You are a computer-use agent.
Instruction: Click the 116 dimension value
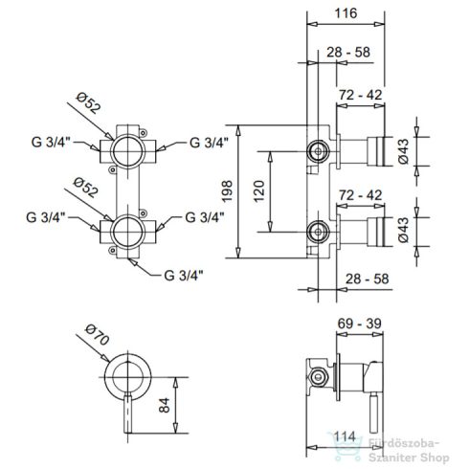pos(346,13)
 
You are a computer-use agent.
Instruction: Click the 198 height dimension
pos(227,191)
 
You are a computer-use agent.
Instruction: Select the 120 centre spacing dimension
pos(259,191)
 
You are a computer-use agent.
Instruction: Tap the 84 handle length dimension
pos(165,405)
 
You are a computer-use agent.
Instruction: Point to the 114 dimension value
pos(345,436)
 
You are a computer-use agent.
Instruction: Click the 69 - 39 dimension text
pos(359,324)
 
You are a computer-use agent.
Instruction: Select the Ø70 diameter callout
pos(98,335)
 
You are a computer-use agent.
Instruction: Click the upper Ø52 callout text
pos(89,103)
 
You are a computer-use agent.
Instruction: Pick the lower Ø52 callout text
pos(85,188)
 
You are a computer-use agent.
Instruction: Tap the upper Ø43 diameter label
pos(403,151)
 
